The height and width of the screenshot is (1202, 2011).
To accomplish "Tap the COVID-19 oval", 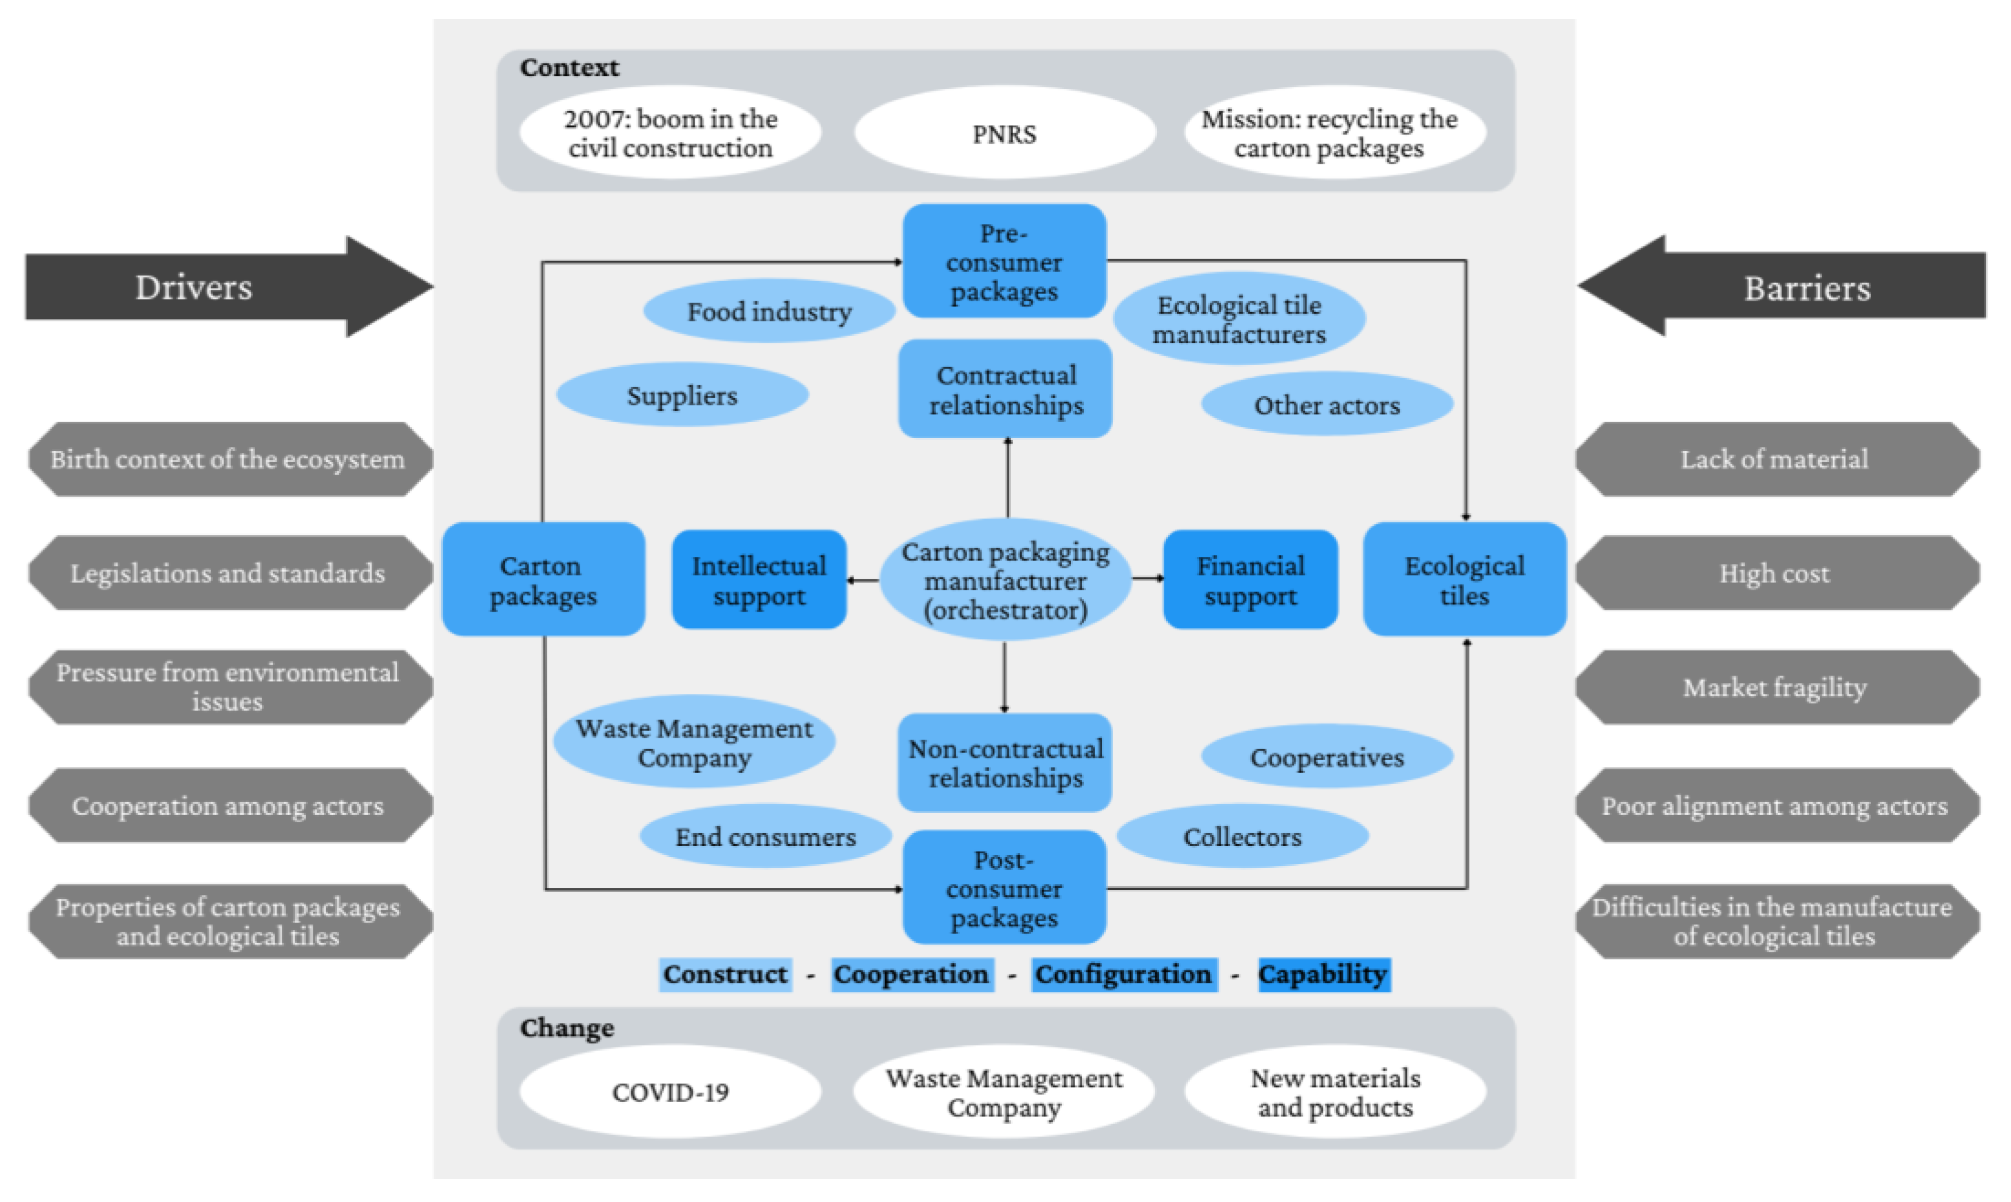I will (670, 1092).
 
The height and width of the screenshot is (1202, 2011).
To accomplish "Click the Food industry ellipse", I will (769, 311).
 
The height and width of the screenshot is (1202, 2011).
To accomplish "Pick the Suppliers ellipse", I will (682, 395).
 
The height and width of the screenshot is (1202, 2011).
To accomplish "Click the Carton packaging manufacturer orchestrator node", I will (1005, 580).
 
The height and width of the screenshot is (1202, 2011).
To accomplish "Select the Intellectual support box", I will (759, 580).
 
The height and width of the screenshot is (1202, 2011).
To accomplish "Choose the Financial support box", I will (1250, 580).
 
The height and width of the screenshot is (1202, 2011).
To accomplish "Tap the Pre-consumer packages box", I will (1004, 262).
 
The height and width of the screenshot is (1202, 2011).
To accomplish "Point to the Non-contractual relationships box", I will (1005, 763).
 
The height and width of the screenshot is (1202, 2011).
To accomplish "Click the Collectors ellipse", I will (1242, 836).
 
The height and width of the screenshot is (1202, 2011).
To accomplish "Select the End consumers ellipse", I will (765, 836).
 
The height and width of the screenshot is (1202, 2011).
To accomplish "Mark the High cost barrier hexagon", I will (1774, 573).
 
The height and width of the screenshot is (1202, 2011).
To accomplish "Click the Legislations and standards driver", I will (228, 573).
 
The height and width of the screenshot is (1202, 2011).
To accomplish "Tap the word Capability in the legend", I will (1323, 974).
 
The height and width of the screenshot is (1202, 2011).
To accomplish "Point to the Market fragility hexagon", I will (1774, 687).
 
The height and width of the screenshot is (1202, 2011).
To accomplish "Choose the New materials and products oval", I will (1335, 1092).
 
